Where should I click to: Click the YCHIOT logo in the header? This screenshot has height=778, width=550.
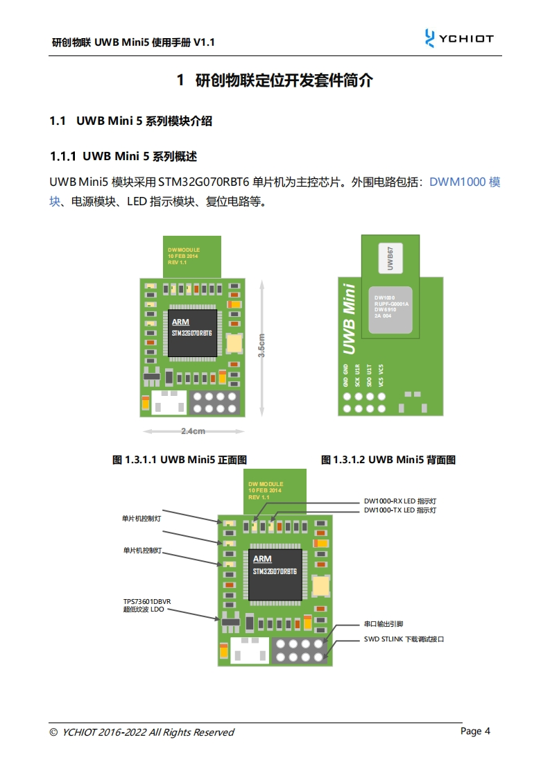[x=459, y=39]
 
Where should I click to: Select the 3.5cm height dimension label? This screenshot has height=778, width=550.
[x=261, y=345]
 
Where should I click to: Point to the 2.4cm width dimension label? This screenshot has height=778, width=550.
[x=193, y=431]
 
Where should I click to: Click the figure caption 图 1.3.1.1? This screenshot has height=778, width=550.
[x=180, y=460]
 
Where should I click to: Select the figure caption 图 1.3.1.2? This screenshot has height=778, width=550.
[x=388, y=460]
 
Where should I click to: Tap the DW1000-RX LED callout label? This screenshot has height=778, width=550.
[x=400, y=501]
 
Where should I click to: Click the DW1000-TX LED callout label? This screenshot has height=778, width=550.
[x=400, y=510]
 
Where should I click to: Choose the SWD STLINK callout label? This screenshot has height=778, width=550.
[x=404, y=639]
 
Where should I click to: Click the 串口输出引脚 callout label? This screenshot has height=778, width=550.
[x=384, y=624]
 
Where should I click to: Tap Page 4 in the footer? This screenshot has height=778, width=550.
[x=476, y=731]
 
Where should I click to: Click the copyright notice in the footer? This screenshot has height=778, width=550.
[x=142, y=732]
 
